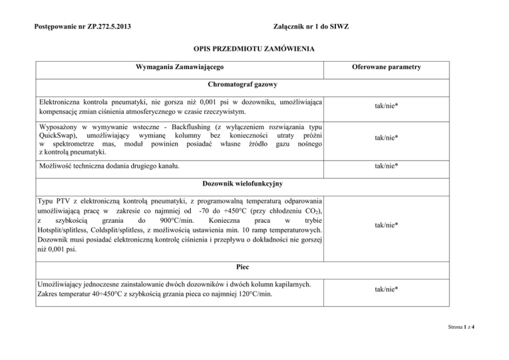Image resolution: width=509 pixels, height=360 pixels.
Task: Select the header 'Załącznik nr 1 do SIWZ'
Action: [311, 27]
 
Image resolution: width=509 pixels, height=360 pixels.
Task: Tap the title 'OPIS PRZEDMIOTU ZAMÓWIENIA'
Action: [254, 49]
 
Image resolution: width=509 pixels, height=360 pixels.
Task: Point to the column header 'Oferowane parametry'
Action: [386, 68]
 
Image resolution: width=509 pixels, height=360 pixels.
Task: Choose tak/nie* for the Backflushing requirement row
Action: [386, 138]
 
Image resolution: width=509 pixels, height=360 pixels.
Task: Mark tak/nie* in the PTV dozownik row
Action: [386, 225]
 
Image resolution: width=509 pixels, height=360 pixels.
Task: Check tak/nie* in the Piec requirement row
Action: [386, 289]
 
